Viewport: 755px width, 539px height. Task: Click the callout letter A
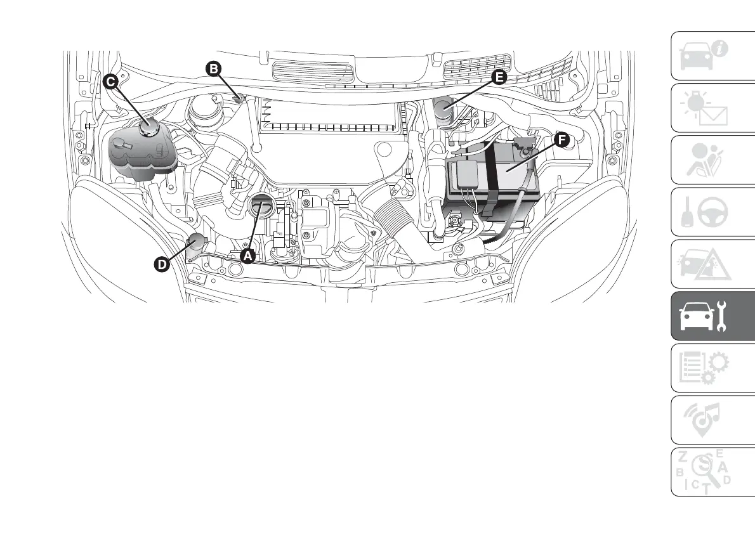247,256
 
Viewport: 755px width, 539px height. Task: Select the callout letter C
110,81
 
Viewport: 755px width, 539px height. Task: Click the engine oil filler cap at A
261,207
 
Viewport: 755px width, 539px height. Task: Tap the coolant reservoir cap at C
149,127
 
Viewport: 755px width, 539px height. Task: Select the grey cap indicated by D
197,242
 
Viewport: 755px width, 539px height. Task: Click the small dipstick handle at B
239,98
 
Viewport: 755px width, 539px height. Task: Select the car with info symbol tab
704,56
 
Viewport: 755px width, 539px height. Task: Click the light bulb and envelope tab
704,108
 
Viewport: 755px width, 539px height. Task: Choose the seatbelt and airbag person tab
704,160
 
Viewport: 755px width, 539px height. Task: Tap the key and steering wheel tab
704,212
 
